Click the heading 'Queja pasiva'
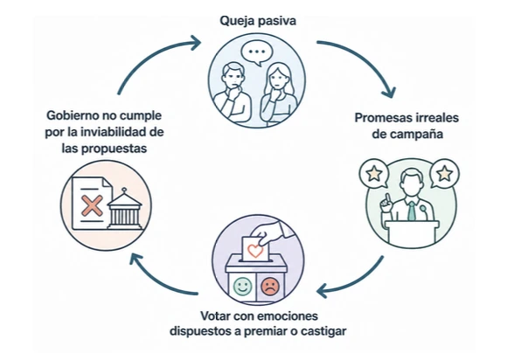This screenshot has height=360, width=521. (258, 21)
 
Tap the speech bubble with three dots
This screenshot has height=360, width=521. (257, 52)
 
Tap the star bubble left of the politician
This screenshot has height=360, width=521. (374, 174)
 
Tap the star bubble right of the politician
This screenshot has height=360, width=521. (445, 174)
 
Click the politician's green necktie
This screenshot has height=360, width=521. (412, 211)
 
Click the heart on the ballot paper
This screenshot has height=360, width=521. (255, 251)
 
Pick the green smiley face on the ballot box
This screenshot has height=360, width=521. (242, 287)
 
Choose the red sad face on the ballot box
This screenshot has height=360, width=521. (270, 287)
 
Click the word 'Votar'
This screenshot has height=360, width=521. (215, 315)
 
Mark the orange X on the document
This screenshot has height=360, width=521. (92, 206)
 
